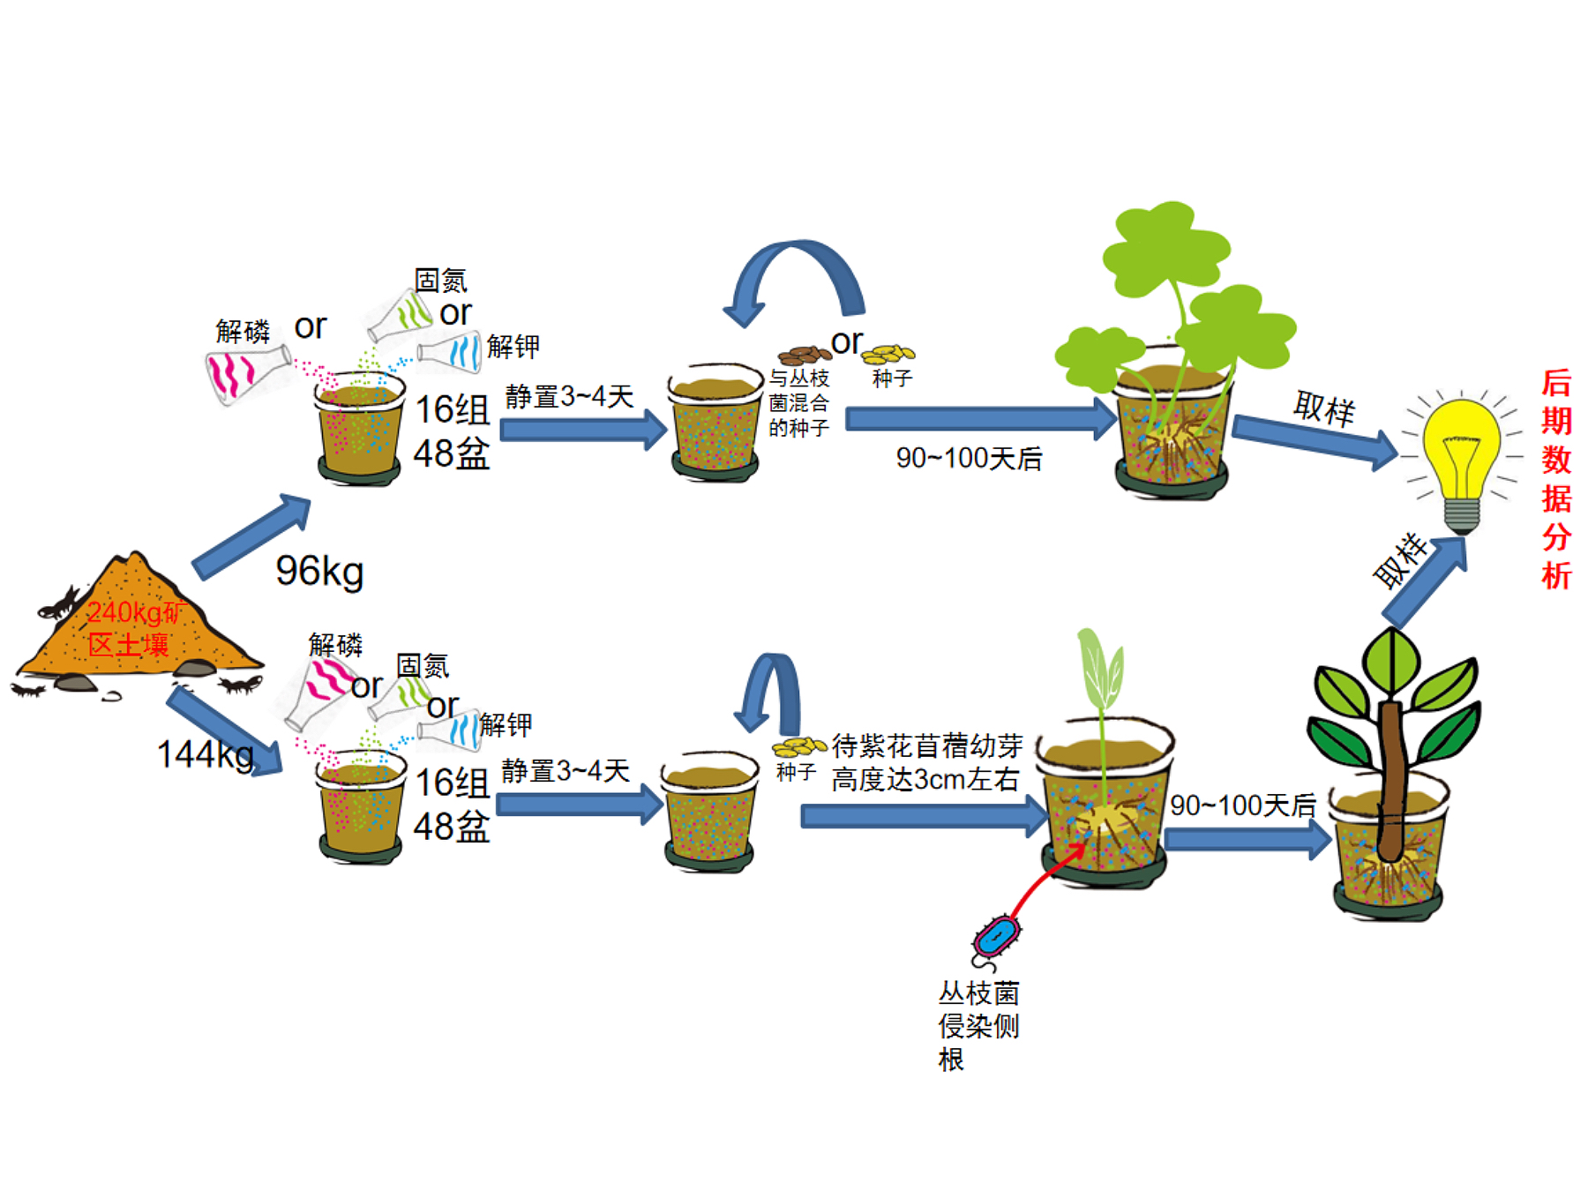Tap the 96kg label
(x=319, y=571)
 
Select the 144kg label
(x=205, y=754)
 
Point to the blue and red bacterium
(x=996, y=937)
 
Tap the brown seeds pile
(x=804, y=355)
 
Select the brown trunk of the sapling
(x=1390, y=776)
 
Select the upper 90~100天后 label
(x=969, y=459)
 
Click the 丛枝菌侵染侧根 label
(x=978, y=1025)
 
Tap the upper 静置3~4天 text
(x=569, y=397)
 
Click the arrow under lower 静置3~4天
(x=578, y=805)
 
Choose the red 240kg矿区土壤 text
(x=132, y=628)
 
